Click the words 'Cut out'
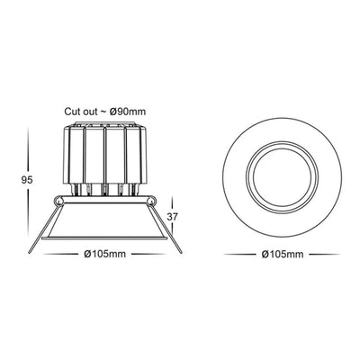(81, 111)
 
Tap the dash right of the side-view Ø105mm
(147, 256)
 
